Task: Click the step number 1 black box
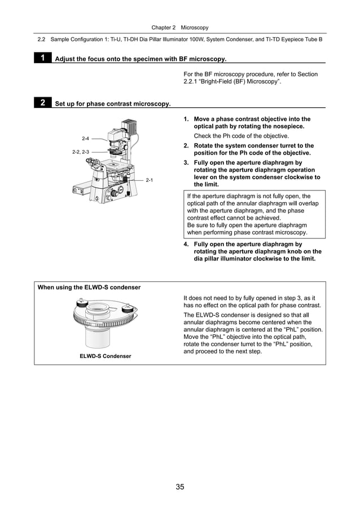click(x=42, y=58)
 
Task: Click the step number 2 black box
click(x=42, y=103)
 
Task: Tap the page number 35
click(x=179, y=487)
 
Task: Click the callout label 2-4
click(x=86, y=138)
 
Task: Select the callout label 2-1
click(x=150, y=180)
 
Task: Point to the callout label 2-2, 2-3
click(x=81, y=152)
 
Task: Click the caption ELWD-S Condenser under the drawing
click(x=106, y=356)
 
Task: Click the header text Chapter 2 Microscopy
click(x=180, y=27)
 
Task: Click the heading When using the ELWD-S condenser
click(x=89, y=287)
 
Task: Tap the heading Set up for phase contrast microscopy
click(x=112, y=104)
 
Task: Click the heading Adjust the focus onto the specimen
click(x=140, y=59)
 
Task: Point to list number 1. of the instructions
click(x=186, y=119)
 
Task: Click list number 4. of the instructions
click(x=186, y=245)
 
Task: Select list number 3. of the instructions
click(x=186, y=163)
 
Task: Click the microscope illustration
click(x=107, y=164)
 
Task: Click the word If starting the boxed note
click(x=190, y=197)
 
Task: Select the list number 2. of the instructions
click(x=186, y=146)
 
